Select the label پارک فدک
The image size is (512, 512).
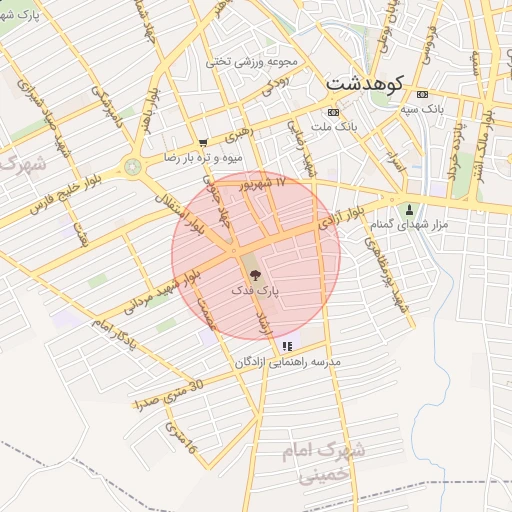256,289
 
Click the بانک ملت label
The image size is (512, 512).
333,127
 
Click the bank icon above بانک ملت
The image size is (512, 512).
333,112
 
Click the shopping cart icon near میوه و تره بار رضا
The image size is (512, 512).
203,143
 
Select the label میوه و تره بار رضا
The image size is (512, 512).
197,158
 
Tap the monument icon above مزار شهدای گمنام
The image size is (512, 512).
410,209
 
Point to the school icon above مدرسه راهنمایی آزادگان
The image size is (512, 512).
288,346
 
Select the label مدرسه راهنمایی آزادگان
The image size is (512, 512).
288,361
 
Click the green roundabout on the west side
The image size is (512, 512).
132,166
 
